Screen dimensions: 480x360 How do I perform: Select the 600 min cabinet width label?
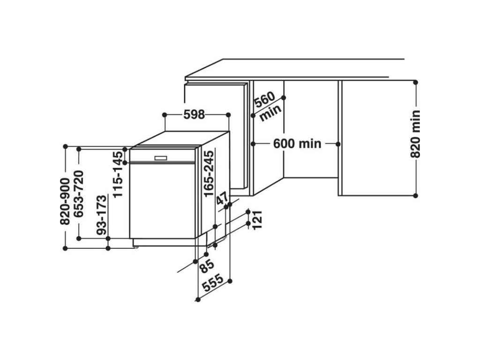297,143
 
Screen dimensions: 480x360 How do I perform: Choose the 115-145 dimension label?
120,176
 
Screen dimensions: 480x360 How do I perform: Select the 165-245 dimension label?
209,173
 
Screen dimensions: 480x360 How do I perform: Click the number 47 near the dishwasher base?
221,199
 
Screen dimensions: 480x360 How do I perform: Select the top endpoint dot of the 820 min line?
415,82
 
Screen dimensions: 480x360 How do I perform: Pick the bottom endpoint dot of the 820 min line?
415,195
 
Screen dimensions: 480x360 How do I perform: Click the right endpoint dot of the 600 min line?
338,143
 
